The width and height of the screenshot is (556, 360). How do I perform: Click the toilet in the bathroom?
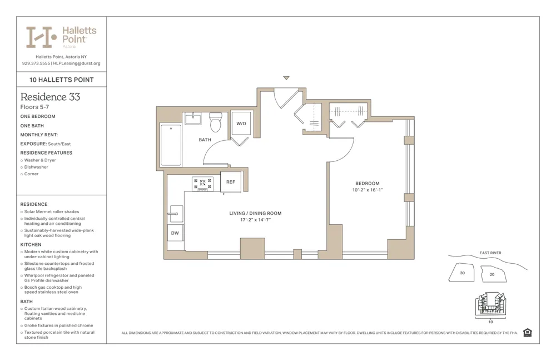[216, 122]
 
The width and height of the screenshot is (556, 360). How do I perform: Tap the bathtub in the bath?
[171, 145]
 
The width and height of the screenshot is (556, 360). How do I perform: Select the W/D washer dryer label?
[241, 124]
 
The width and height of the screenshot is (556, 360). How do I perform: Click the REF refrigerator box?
[231, 182]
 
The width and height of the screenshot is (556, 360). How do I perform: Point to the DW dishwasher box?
[175, 233]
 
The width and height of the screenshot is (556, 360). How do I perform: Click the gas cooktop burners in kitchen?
[202, 184]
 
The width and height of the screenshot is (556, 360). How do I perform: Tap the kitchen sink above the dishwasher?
[176, 213]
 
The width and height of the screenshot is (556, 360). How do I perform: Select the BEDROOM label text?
[368, 184]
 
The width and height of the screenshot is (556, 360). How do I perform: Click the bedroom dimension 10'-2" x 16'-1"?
[368, 190]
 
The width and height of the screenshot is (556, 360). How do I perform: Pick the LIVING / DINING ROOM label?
[255, 213]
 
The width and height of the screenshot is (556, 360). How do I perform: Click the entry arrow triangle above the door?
[286, 78]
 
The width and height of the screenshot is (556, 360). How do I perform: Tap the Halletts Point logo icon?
[42, 37]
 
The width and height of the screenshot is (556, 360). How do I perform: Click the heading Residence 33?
[50, 97]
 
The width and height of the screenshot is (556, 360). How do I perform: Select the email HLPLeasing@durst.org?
[77, 63]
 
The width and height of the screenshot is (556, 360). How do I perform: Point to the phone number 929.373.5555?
[36, 63]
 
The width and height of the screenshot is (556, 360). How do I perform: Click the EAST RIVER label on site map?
[490, 253]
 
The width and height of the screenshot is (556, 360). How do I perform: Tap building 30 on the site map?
[462, 273]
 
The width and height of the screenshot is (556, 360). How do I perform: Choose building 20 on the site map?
[492, 274]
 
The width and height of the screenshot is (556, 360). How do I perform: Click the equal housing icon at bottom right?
[528, 333]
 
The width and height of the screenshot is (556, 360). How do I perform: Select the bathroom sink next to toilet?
[193, 118]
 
